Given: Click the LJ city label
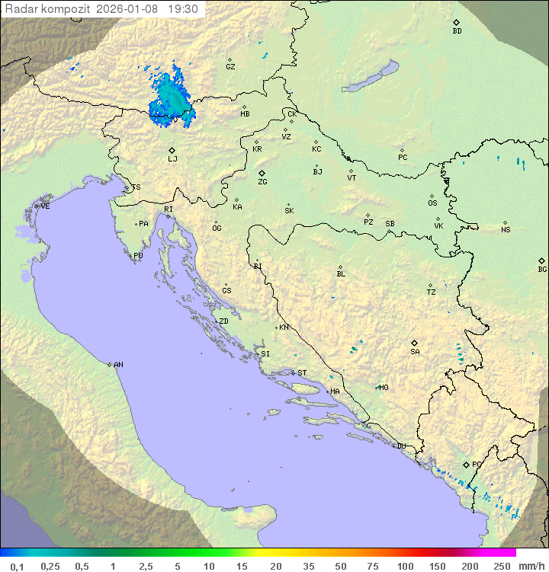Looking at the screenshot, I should (172, 159).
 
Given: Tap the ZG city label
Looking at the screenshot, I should (262, 182).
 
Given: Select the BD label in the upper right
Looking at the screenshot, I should (457, 31).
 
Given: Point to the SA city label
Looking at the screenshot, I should (415, 352).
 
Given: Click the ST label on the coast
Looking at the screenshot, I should (302, 373).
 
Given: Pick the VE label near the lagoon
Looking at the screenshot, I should (45, 206).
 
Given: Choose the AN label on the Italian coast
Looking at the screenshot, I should (118, 365).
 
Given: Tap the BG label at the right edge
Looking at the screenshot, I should (542, 270).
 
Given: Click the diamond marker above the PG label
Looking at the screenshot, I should (466, 464).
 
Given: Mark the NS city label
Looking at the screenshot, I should (506, 230).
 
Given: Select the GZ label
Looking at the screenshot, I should (230, 67).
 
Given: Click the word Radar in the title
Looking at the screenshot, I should (21, 9).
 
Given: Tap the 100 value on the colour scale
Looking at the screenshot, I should (405, 566).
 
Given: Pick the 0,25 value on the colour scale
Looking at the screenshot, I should (50, 566).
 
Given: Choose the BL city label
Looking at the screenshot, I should (341, 274).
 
